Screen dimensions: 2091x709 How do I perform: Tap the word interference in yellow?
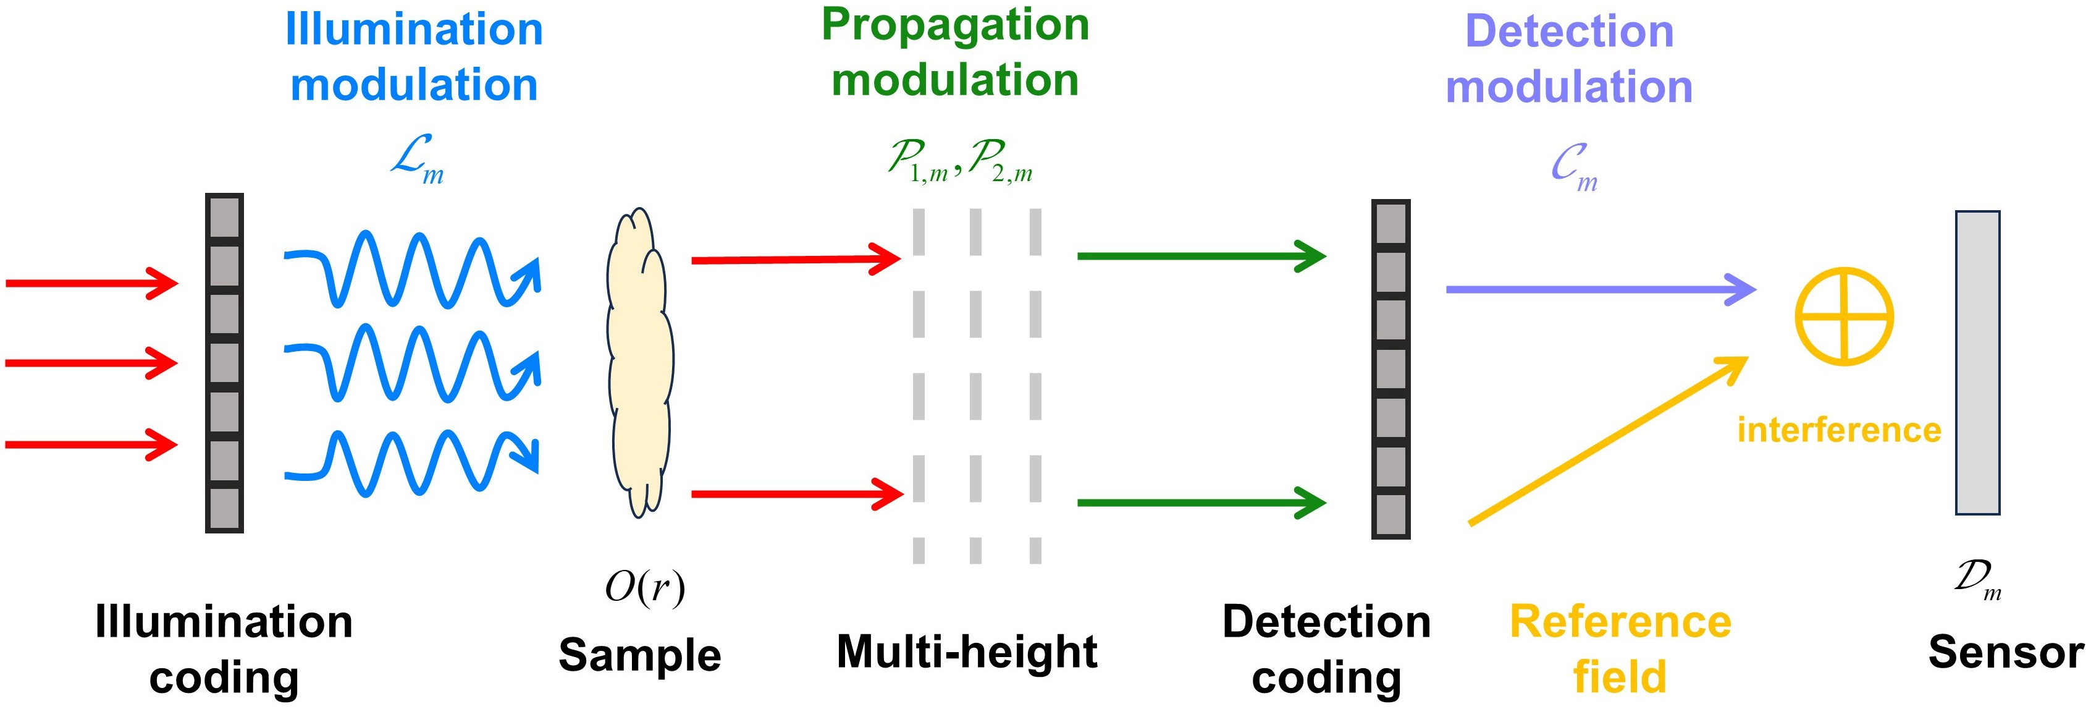[x=1838, y=430]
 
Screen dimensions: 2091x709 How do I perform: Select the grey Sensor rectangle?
[x=1977, y=362]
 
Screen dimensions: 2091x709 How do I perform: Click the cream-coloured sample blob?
[x=639, y=362]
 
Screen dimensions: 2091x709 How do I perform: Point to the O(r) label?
[x=644, y=587]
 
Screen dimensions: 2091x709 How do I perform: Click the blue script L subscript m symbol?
[x=416, y=159]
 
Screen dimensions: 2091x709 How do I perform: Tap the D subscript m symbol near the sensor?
[x=1977, y=578]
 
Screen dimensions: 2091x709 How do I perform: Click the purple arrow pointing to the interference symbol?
[x=1601, y=289]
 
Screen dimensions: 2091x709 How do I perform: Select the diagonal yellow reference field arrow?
[x=1607, y=441]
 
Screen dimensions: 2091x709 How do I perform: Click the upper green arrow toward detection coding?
[x=1201, y=256]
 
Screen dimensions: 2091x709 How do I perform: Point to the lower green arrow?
[x=1201, y=503]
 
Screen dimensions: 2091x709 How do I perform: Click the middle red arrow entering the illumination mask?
[x=91, y=362]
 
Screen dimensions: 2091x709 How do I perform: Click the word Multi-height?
[x=967, y=652]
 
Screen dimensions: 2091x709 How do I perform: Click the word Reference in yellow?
[x=1620, y=622]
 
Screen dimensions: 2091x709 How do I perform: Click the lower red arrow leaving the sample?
[x=797, y=494]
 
